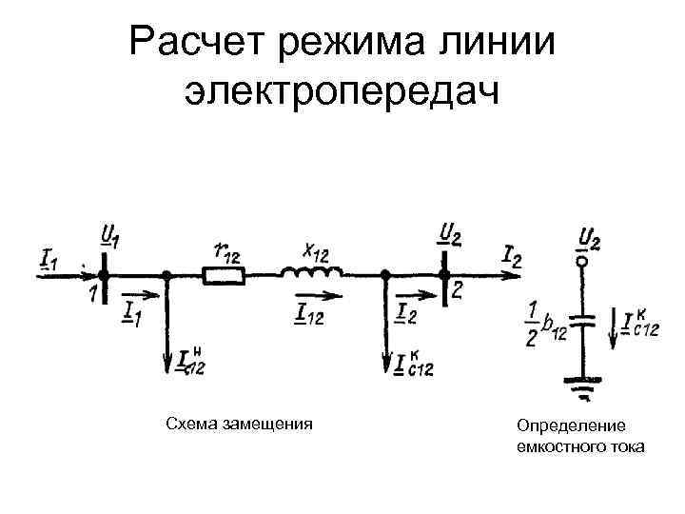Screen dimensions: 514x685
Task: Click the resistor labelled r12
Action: click(225, 276)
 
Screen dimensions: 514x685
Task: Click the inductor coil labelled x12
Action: click(311, 273)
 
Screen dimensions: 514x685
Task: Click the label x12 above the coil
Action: click(316, 249)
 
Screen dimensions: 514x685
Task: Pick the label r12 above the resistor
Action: click(226, 251)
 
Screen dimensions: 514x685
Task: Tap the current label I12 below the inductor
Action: click(309, 310)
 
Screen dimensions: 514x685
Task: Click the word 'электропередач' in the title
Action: click(342, 92)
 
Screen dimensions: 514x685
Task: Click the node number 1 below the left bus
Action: click(94, 295)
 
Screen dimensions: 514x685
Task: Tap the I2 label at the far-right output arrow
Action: click(511, 254)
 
